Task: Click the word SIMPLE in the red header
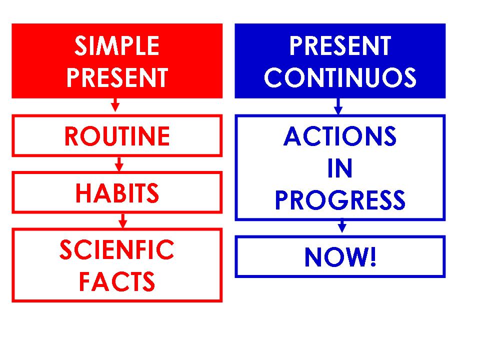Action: pyautogui.click(x=117, y=46)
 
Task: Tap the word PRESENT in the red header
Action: pyautogui.click(x=117, y=78)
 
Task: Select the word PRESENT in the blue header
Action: pyautogui.click(x=340, y=46)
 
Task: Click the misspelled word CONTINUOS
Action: pyautogui.click(x=340, y=78)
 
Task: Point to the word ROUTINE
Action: pyautogui.click(x=117, y=136)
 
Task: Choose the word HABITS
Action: pyautogui.click(x=117, y=193)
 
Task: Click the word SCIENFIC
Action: pyautogui.click(x=117, y=250)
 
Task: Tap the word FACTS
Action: pyautogui.click(x=117, y=281)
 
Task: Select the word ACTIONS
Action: pyautogui.click(x=340, y=136)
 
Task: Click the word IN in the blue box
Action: pyautogui.click(x=340, y=169)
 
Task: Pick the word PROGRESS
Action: pyautogui.click(x=340, y=200)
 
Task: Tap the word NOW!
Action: pyautogui.click(x=340, y=257)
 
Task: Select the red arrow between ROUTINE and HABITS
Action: pyautogui.click(x=119, y=164)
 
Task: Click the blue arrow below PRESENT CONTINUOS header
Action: pyautogui.click(x=338, y=106)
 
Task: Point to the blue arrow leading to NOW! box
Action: pyautogui.click(x=342, y=226)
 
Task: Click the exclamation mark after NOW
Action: pyautogui.click(x=371, y=257)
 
